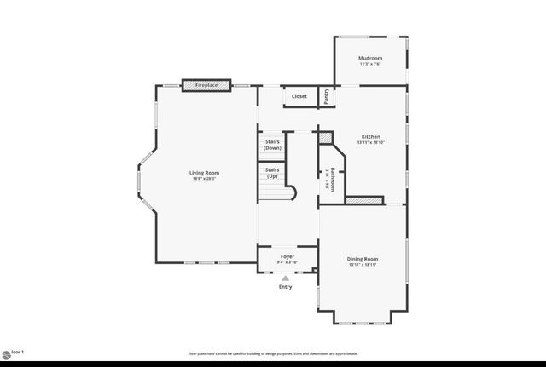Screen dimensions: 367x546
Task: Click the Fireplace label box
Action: coord(206,85)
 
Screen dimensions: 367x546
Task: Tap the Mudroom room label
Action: coord(370,58)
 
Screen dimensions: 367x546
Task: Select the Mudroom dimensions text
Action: coord(370,64)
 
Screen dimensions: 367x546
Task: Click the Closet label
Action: coord(299,96)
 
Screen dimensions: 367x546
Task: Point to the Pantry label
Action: coord(326,96)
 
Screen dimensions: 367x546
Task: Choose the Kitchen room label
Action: coord(370,136)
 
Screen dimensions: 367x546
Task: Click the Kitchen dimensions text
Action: coord(370,142)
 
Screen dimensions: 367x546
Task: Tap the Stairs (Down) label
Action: coord(272,145)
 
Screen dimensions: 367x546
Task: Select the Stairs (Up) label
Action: coord(272,173)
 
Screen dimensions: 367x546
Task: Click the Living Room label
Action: coord(204,173)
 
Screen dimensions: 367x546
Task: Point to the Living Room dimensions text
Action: coord(204,179)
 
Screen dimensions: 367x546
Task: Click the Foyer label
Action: coord(288,255)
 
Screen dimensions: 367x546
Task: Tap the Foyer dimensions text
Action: coord(288,261)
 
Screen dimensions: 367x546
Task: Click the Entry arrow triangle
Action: coord(286,278)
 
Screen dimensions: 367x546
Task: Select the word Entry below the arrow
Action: coord(286,287)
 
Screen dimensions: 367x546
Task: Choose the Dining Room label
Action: coord(363,258)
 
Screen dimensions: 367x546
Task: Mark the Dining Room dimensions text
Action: coord(363,264)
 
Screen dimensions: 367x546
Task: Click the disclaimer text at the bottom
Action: coord(273,353)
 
